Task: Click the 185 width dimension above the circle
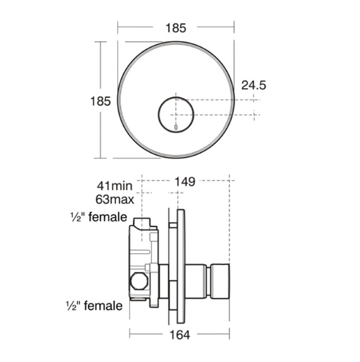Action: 176,28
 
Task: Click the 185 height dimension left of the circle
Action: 100,101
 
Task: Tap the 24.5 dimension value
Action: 253,85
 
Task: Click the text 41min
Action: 114,186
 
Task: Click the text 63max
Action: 114,201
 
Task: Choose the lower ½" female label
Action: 94,305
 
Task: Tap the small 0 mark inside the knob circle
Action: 176,127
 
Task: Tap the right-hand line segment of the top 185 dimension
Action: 215,27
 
